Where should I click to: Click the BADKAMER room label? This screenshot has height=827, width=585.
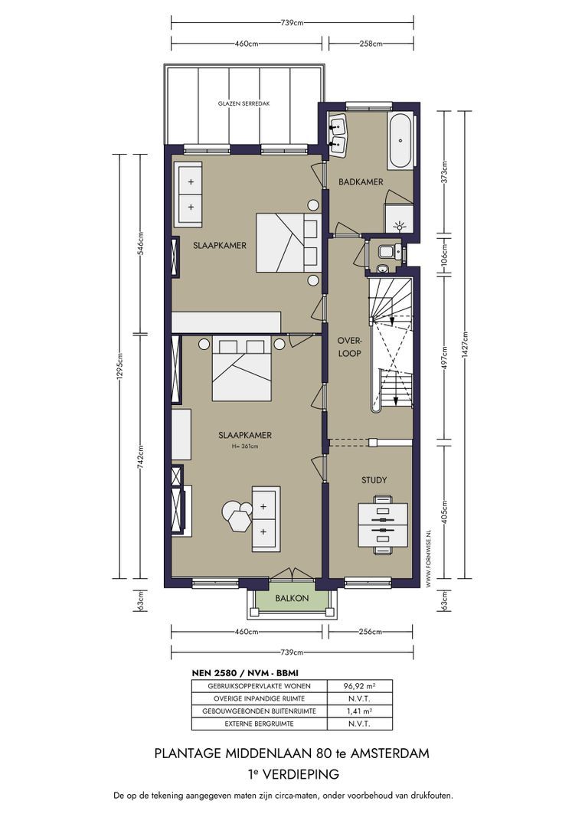[361, 182]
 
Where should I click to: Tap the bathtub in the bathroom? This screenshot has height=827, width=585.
[401, 141]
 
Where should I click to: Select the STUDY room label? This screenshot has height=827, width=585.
[374, 480]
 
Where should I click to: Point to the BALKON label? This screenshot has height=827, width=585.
[292, 598]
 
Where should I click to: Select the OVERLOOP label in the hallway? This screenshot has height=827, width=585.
[349, 348]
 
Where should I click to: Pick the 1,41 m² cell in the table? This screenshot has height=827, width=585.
[359, 711]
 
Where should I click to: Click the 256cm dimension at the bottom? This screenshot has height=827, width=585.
[371, 632]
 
